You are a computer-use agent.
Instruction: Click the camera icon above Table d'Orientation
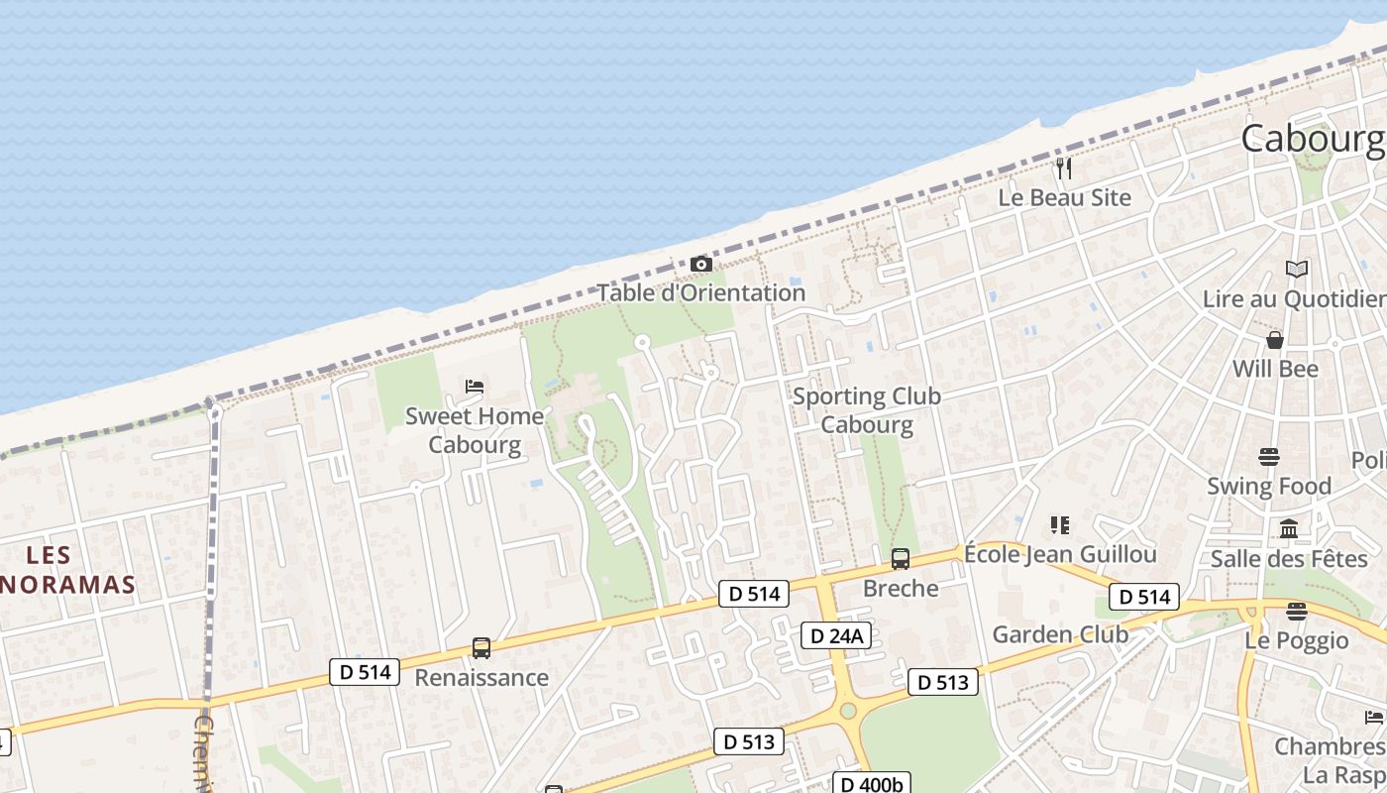tap(700, 265)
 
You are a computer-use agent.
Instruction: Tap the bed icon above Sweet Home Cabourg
tap(475, 386)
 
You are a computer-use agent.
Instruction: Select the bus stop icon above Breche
tap(900, 559)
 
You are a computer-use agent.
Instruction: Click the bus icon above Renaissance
tap(481, 648)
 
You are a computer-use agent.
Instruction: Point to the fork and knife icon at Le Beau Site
tap(1064, 169)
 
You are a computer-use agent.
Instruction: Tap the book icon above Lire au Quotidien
tap(1296, 269)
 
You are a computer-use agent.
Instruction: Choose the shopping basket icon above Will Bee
tap(1275, 340)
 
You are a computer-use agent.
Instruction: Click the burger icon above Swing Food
tap(1269, 457)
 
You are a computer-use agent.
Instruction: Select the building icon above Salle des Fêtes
tap(1289, 529)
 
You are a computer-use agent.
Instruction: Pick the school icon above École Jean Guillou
tap(1060, 524)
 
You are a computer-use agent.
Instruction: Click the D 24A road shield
tap(835, 635)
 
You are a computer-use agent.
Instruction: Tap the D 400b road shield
tap(870, 784)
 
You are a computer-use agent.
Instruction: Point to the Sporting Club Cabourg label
tap(867, 410)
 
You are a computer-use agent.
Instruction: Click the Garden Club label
tap(1060, 634)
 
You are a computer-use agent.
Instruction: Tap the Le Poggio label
tap(1296, 640)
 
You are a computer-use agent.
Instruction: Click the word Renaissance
tap(481, 678)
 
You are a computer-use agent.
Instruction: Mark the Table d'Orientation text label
tap(700, 293)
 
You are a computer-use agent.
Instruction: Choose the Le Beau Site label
tap(1064, 197)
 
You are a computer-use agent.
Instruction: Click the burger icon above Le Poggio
tap(1296, 611)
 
